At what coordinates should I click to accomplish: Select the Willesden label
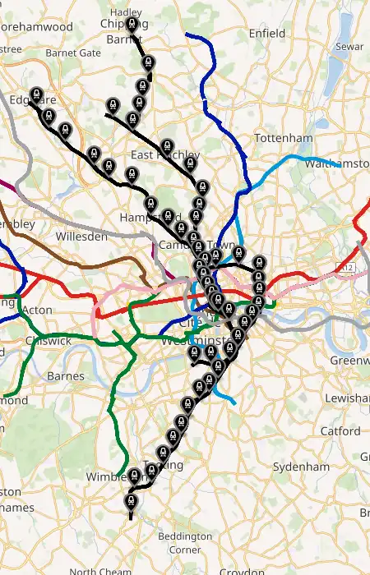(x=81, y=237)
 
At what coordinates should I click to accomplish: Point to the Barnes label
(x=66, y=376)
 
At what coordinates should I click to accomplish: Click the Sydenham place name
(x=301, y=467)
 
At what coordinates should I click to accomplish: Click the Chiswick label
(x=49, y=340)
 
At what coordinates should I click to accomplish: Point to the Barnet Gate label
(x=73, y=53)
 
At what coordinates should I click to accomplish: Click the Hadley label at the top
(x=125, y=12)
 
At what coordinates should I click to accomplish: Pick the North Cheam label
(x=100, y=571)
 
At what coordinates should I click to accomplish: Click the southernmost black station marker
(x=130, y=500)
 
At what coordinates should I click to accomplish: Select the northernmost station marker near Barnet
(x=132, y=24)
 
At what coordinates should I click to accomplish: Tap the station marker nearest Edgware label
(x=35, y=94)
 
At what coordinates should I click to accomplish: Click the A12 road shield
(x=346, y=268)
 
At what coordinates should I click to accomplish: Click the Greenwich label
(x=349, y=361)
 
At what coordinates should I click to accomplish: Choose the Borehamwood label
(x=37, y=26)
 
